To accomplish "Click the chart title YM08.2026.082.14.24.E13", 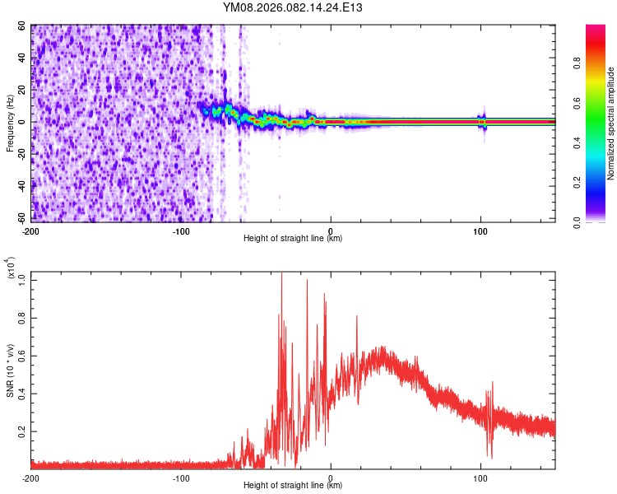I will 293,8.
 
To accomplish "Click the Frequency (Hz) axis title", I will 11,123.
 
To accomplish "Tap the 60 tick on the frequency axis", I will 22,26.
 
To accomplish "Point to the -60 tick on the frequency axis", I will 20,219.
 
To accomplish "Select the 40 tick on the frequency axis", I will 22,58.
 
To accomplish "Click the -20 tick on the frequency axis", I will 20,155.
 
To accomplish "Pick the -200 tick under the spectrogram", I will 30,230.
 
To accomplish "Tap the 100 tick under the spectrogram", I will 480,230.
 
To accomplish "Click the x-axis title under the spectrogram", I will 293,239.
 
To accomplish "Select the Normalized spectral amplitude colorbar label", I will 611,123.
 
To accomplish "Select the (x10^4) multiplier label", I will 11,268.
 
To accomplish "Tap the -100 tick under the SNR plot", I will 181,478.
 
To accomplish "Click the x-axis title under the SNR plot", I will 293,487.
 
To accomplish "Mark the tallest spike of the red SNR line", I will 281,273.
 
